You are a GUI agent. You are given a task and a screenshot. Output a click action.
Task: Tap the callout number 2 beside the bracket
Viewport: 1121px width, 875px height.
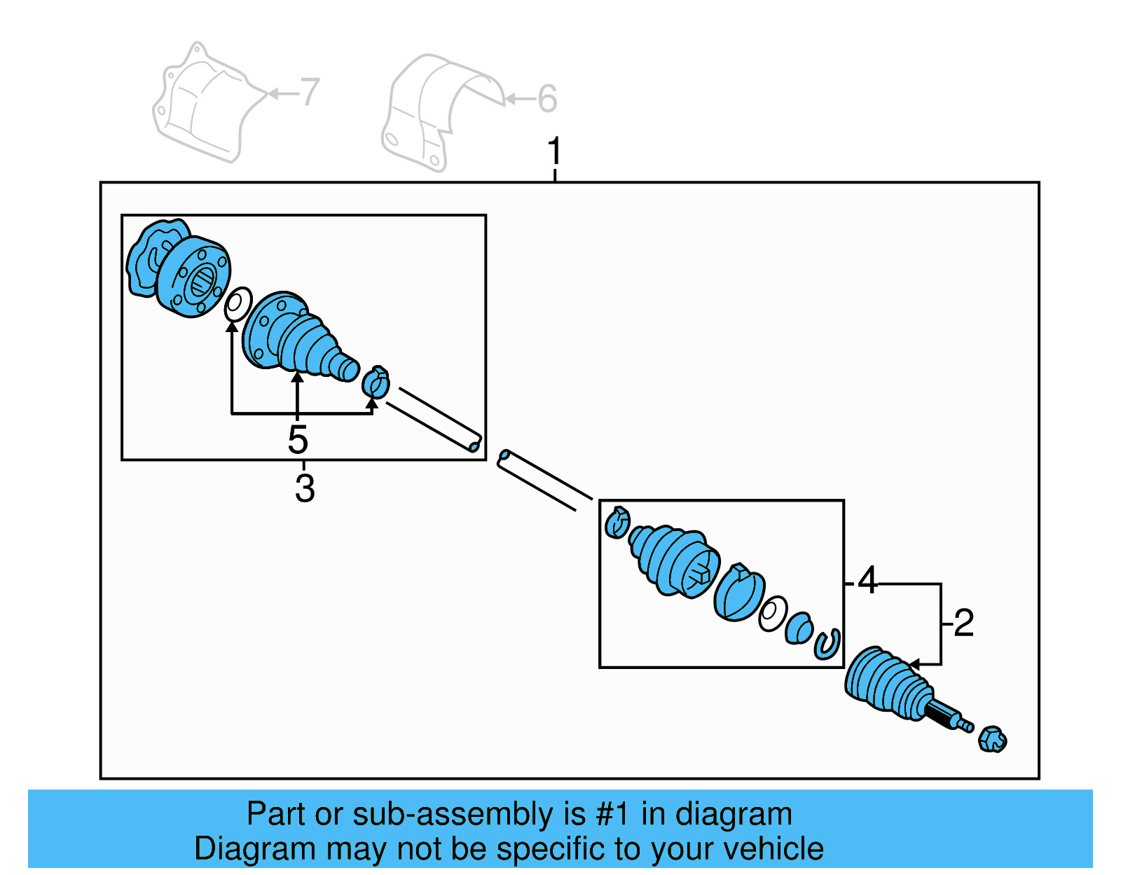[964, 622]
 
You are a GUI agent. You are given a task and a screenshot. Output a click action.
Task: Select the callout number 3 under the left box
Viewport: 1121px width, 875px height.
[304, 488]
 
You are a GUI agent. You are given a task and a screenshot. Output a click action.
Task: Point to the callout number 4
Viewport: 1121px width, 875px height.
[867, 580]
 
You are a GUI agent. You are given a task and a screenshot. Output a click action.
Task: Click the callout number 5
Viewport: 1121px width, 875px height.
[298, 439]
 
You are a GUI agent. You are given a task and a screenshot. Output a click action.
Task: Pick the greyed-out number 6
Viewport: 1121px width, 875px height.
[547, 99]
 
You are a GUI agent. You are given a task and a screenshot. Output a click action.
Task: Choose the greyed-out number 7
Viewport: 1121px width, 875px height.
[309, 92]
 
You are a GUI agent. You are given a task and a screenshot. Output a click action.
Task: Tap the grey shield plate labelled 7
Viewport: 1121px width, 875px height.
[203, 105]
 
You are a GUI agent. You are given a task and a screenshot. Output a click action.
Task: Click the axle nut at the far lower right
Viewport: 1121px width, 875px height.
[992, 739]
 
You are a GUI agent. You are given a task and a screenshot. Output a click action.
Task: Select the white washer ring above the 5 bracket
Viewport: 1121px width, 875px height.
[238, 304]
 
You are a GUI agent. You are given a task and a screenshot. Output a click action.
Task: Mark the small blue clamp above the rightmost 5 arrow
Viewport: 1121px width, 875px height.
[376, 383]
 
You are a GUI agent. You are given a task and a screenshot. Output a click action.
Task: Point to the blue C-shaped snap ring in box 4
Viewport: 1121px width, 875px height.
[827, 644]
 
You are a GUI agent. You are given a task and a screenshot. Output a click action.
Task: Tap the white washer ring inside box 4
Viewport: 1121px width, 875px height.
[772, 614]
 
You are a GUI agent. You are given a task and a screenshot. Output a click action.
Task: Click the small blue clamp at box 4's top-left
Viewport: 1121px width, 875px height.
[617, 523]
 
